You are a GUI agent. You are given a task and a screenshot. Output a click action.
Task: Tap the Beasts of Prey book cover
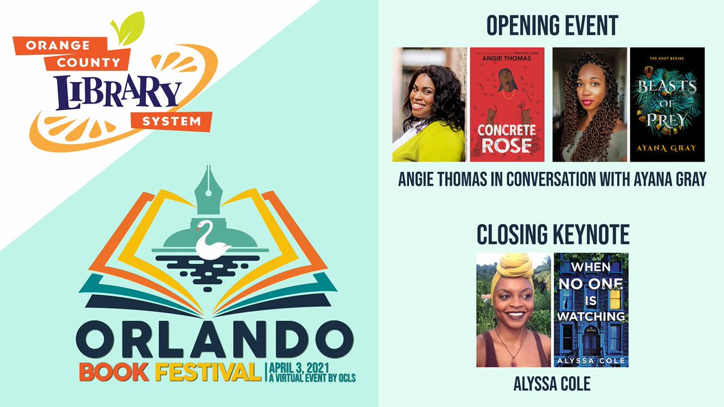(667, 104)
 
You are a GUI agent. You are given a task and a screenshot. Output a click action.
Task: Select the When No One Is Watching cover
(591, 310)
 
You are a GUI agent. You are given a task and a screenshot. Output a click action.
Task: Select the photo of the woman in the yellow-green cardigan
(429, 104)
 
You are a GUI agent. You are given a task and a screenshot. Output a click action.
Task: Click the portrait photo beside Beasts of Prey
(589, 104)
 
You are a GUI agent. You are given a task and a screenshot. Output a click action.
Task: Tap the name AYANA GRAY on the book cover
(667, 146)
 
